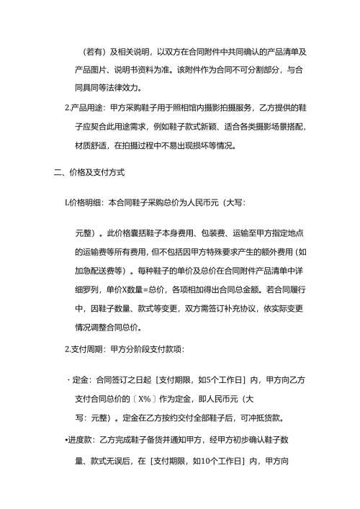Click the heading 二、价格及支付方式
pos(84,174)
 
